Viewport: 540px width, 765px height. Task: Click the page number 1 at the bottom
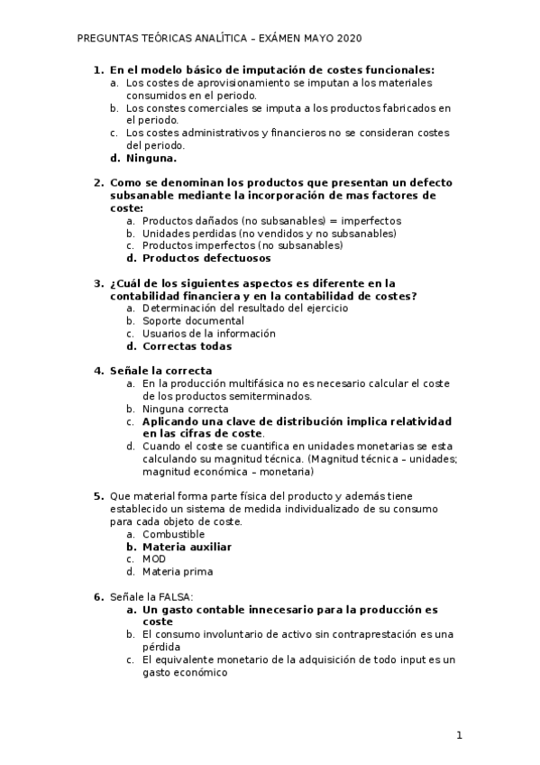(x=459, y=735)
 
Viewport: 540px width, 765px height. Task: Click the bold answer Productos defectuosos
(x=194, y=258)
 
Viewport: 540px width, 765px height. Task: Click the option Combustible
(x=173, y=534)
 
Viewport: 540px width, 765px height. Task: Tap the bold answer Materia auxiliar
(x=187, y=547)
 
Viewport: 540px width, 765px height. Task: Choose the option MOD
(x=154, y=559)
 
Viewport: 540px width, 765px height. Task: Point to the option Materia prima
(x=178, y=572)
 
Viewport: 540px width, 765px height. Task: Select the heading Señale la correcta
(x=160, y=371)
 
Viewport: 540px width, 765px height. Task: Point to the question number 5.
(x=98, y=496)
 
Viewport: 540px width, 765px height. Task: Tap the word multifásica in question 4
(x=243, y=383)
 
